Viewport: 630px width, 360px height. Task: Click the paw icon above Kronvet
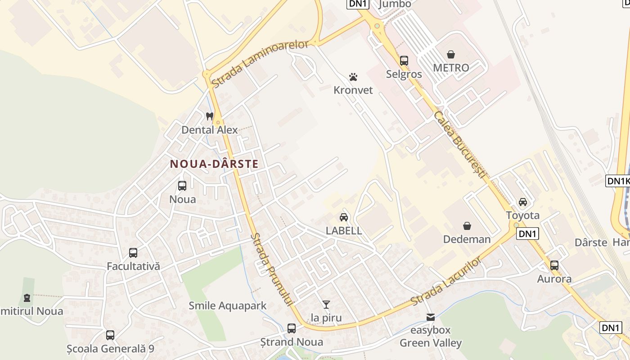[353, 77]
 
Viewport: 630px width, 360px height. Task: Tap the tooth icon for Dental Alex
[209, 116]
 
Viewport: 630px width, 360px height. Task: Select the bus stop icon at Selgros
[404, 60]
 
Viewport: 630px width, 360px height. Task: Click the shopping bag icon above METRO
[451, 54]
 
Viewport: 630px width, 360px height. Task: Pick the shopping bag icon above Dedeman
[467, 225]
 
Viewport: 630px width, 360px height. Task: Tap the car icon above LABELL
[344, 217]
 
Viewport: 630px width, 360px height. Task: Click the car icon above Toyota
[522, 202]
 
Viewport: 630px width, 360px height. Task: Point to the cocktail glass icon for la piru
[326, 305]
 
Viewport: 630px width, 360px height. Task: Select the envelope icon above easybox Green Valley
[431, 317]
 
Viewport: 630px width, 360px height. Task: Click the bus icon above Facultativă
[133, 253]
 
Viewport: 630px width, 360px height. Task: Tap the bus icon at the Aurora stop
[554, 265]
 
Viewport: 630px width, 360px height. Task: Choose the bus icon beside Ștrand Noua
[292, 328]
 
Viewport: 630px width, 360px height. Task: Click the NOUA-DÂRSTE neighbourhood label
[214, 164]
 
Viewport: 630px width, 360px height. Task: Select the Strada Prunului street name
[271, 270]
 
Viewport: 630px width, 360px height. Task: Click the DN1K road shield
[618, 181]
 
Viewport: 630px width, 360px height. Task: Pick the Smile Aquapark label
[228, 306]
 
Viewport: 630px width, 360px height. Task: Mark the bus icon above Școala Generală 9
[110, 335]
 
